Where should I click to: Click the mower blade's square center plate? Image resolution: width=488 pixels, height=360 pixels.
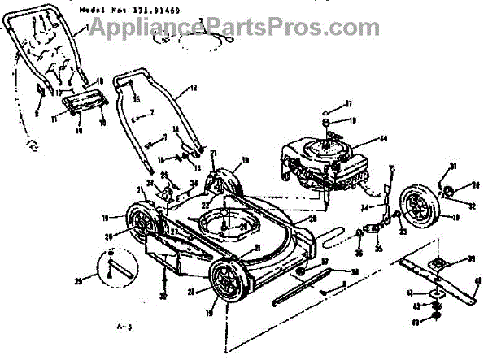click(437, 263)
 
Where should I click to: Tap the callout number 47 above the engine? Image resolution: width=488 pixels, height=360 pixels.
click(347, 103)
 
